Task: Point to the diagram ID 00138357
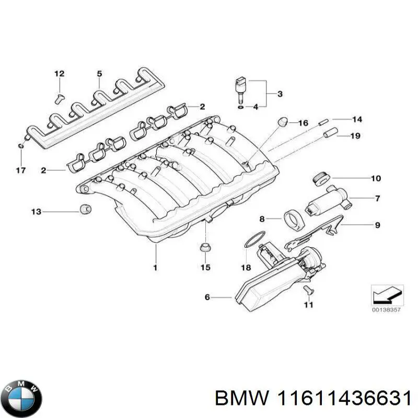coord(387,309)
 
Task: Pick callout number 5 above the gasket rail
coord(99,74)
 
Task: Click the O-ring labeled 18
coord(252,241)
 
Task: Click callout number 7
coord(377,198)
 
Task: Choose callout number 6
coord(207,297)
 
